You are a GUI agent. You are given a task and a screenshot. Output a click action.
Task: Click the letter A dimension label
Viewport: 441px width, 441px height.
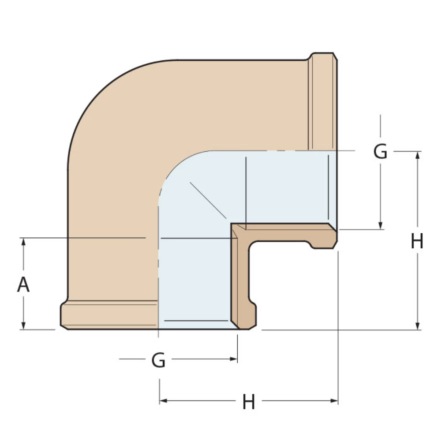click(x=23, y=285)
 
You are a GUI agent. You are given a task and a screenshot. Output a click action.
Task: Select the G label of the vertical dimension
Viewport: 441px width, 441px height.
click(x=380, y=152)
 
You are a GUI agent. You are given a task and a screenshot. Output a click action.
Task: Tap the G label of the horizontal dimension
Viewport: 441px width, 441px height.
click(x=158, y=360)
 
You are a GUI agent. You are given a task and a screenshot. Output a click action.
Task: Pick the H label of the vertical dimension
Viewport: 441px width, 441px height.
click(x=417, y=242)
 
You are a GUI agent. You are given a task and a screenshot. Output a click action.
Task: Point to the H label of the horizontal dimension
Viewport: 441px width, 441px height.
click(x=249, y=402)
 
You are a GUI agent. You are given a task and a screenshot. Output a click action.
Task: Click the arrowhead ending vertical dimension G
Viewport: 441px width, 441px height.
click(x=381, y=226)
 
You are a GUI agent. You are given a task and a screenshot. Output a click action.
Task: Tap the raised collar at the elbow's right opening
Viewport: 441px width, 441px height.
click(x=323, y=101)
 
